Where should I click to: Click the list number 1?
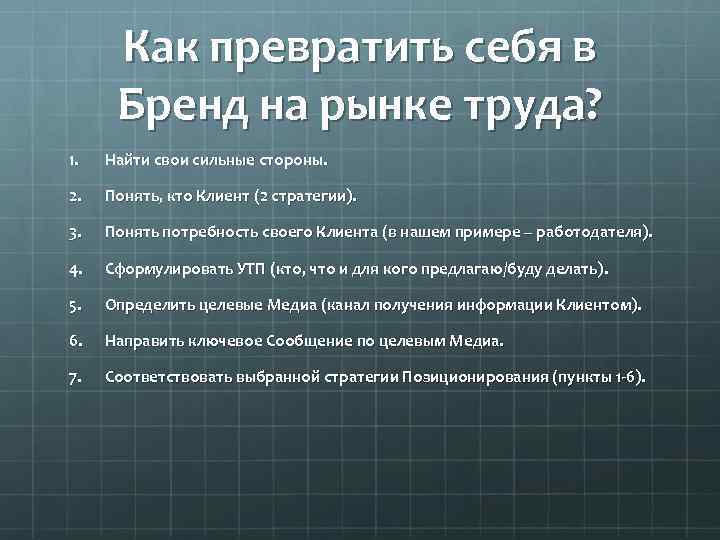coord(73,160)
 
